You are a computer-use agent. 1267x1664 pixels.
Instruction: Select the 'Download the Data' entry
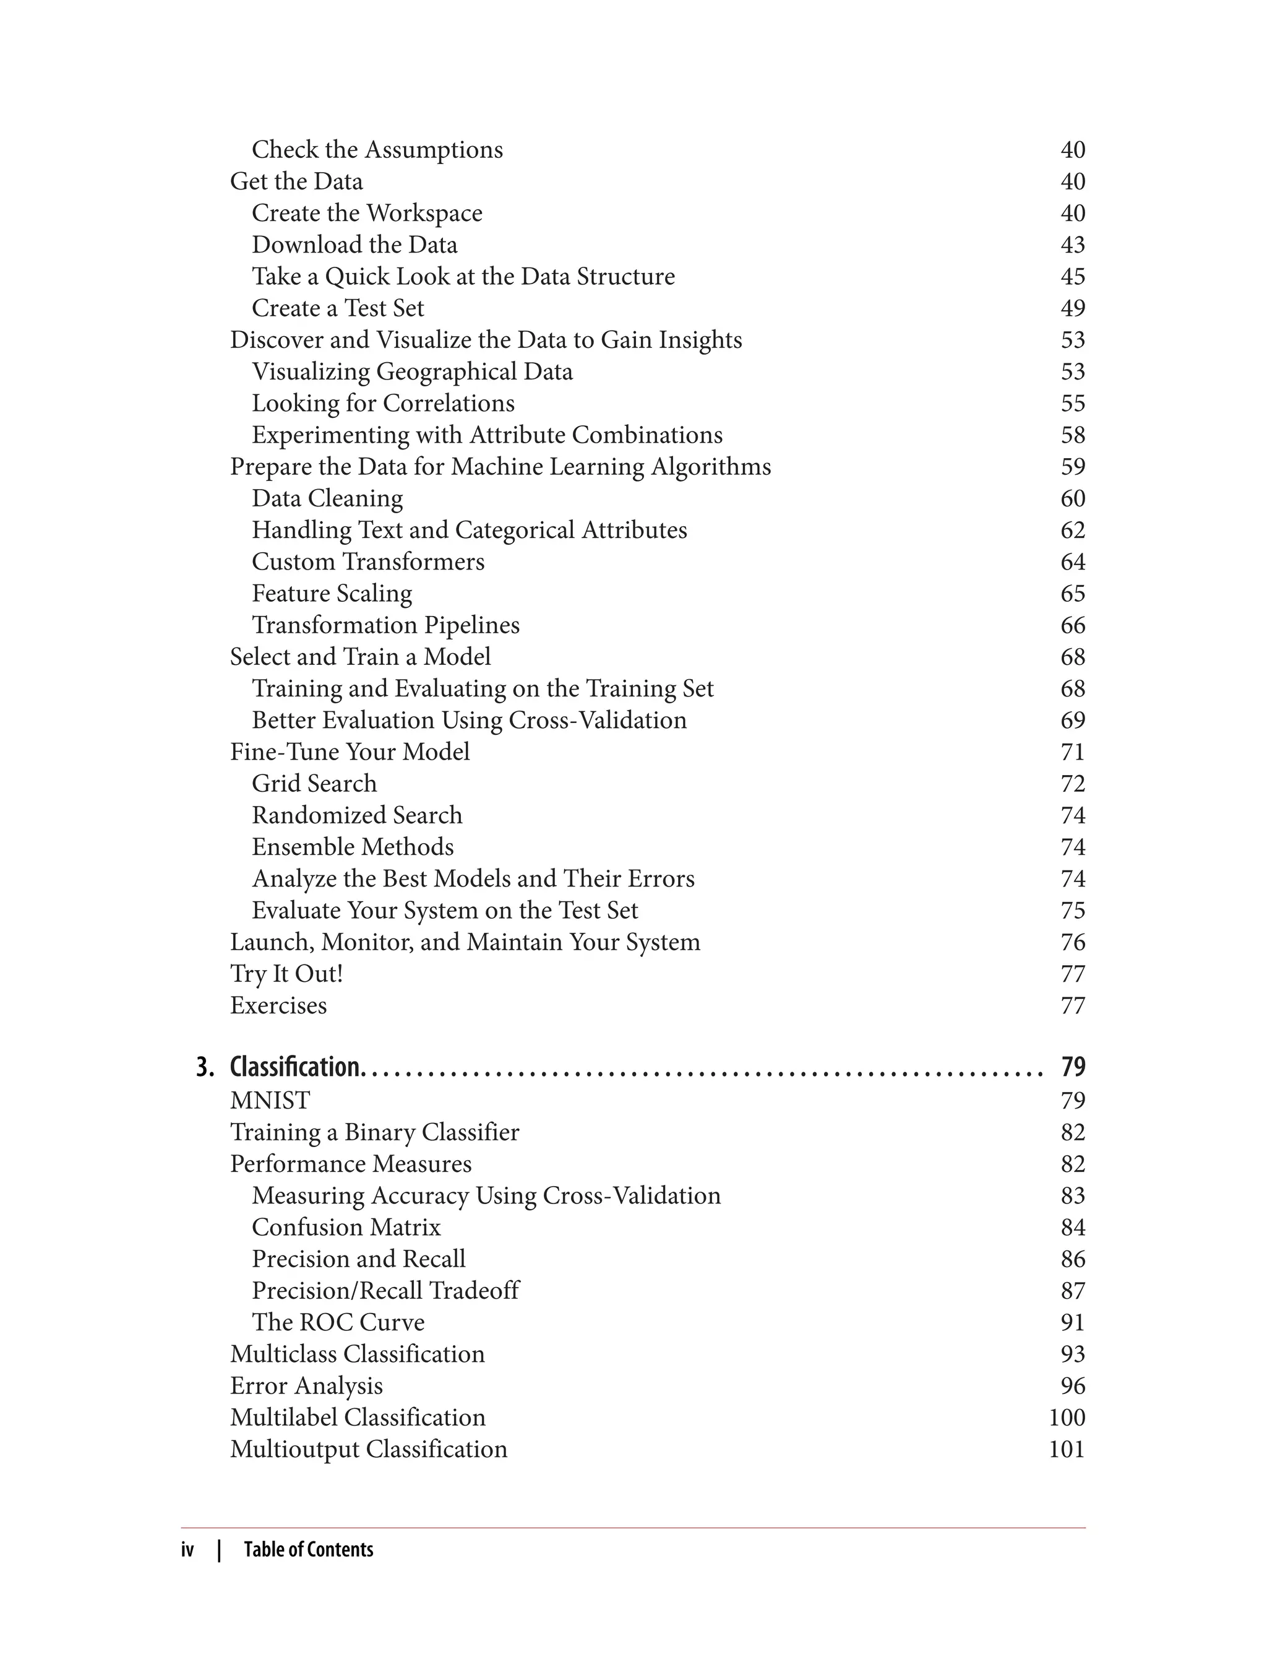pyautogui.click(x=354, y=245)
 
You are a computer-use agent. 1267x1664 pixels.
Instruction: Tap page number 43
pyautogui.click(x=1072, y=245)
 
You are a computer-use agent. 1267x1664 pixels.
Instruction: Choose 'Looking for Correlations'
pyautogui.click(x=383, y=403)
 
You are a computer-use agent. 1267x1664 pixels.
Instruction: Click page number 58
pyautogui.click(x=1072, y=435)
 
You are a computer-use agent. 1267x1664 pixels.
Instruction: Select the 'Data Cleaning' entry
pyautogui.click(x=327, y=498)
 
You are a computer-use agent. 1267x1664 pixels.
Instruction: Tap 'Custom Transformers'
pyautogui.click(x=368, y=561)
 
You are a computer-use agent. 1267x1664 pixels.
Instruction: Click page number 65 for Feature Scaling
pyautogui.click(x=1072, y=593)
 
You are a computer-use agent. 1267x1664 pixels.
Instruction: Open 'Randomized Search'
pyautogui.click(x=357, y=815)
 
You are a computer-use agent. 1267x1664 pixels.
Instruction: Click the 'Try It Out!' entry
pyautogui.click(x=286, y=974)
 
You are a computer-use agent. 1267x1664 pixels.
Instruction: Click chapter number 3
pyautogui.click(x=204, y=1067)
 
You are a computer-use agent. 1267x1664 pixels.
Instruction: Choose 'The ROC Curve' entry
pyautogui.click(x=338, y=1322)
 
